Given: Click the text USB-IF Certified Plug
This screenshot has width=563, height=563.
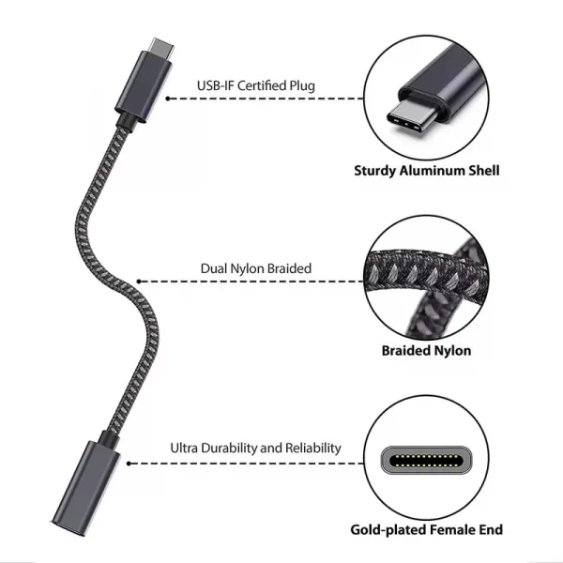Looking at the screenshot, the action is [256, 85].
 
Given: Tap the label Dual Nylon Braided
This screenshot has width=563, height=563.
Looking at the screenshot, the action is [256, 268].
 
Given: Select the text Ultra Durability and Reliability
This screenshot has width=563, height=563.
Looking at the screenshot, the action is [255, 449].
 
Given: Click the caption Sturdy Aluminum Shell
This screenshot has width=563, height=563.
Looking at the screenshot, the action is [427, 171].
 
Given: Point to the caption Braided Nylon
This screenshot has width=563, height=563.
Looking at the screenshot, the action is [427, 350].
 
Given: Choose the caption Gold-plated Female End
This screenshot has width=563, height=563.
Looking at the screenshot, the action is [427, 530].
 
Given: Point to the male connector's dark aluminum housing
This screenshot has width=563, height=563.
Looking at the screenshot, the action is [143, 87].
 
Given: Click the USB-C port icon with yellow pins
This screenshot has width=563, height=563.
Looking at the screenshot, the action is [427, 460].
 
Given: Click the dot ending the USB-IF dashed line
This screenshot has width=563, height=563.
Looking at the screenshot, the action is [168, 99].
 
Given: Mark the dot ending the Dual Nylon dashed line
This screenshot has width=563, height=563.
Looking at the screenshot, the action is [139, 281].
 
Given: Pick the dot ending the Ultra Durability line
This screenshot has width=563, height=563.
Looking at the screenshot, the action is [129, 464].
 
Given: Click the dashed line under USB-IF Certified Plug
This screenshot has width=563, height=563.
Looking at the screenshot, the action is [266, 99].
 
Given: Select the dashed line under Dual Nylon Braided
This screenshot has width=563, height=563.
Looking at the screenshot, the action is [251, 281].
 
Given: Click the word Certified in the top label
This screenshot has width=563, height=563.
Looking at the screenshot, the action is [262, 85].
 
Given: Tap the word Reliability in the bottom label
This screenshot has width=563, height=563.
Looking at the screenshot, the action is [313, 449].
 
